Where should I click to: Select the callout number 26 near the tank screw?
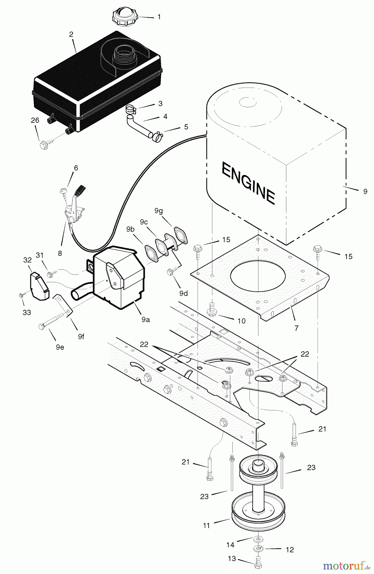(35, 121)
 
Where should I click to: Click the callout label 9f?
(81, 336)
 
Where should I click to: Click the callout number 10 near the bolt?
(241, 321)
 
